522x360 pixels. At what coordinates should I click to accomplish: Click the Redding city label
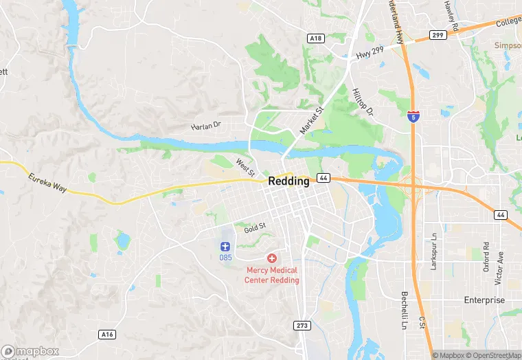point(288,181)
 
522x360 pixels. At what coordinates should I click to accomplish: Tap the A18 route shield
point(315,39)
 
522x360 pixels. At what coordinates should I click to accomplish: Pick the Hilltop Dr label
point(361,102)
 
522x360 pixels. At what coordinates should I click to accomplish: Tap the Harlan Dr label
point(206,126)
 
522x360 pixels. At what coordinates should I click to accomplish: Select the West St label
point(245,166)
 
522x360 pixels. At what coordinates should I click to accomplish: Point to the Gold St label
point(254,226)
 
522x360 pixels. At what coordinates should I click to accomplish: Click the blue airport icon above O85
point(225,246)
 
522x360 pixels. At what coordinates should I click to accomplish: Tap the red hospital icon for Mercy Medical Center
point(273,258)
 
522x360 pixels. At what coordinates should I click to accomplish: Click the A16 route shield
point(106,334)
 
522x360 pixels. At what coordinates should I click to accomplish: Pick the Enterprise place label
point(484,300)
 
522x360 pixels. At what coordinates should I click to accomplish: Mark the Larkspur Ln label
point(434,254)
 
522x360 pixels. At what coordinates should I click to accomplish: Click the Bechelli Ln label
point(405,308)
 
